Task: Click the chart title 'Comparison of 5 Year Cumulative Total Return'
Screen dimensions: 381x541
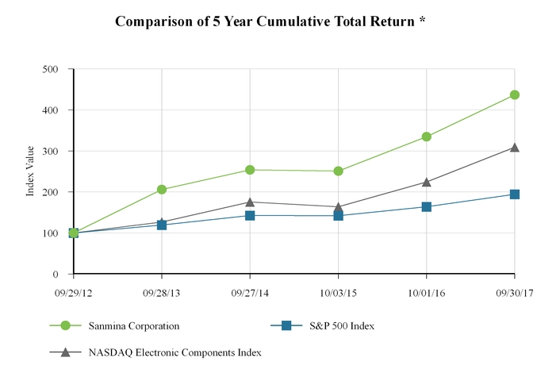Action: coord(270,21)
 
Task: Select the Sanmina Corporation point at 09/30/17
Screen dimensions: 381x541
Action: coord(515,94)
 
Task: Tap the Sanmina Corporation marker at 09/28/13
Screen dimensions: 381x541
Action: coord(162,190)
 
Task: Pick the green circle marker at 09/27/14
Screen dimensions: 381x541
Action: coord(250,170)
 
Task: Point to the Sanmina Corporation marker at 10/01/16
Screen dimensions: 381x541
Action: coord(427,137)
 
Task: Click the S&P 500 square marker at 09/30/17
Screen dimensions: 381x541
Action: coord(515,194)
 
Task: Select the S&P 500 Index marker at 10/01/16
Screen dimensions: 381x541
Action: coord(427,207)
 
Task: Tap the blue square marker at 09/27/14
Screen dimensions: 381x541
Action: coord(250,215)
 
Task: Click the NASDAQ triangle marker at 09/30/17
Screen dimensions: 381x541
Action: coord(515,148)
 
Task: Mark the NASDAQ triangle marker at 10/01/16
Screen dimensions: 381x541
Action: coord(427,182)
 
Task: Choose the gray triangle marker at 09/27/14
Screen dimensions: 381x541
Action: coord(250,202)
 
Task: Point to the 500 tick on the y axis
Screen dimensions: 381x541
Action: coord(52,69)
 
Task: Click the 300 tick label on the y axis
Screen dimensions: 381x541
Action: coord(52,151)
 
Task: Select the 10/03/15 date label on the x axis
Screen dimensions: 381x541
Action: coord(339,293)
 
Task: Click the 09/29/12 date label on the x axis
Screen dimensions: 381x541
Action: coord(74,293)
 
